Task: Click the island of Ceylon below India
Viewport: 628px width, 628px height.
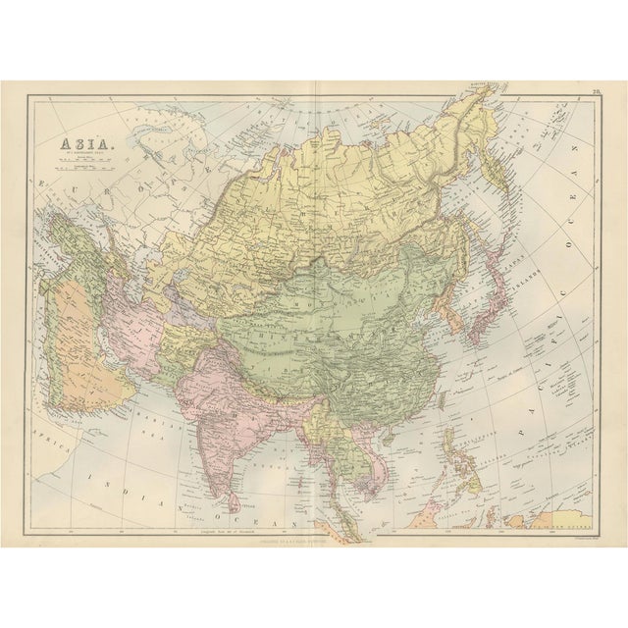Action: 233,501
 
